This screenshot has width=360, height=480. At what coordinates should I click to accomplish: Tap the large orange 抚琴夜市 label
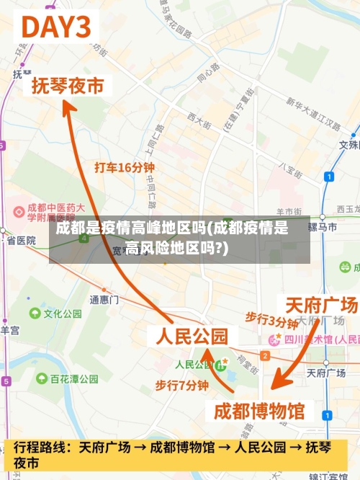point(68,86)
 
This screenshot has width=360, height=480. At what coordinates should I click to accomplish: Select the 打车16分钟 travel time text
point(125,167)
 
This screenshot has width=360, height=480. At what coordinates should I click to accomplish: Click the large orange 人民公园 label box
point(192,336)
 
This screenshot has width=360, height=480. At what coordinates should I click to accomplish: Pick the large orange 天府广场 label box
point(321,305)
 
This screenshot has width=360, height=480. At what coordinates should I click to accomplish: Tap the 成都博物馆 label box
point(260,412)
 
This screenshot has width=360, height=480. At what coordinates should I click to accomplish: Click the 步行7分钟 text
point(182,386)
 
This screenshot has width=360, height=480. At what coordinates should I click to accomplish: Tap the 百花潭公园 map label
point(74,378)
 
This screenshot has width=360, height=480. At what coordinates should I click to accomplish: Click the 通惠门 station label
point(104,299)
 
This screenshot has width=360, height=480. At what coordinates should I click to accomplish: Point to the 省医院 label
point(21,241)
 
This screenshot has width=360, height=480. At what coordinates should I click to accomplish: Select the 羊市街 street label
point(290,211)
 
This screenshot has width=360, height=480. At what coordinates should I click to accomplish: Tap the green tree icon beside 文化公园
point(35,314)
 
